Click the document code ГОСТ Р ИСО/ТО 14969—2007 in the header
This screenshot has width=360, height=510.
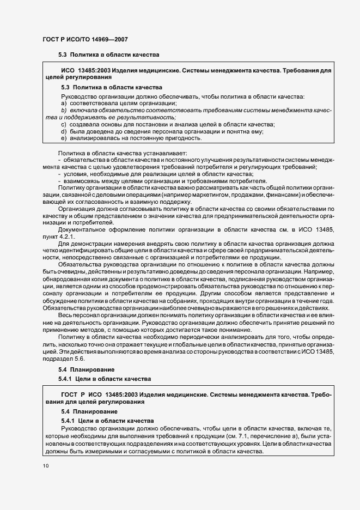pos(86,39)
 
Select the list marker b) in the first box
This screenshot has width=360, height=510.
pos(64,111)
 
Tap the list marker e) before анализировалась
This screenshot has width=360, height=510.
pos(64,138)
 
